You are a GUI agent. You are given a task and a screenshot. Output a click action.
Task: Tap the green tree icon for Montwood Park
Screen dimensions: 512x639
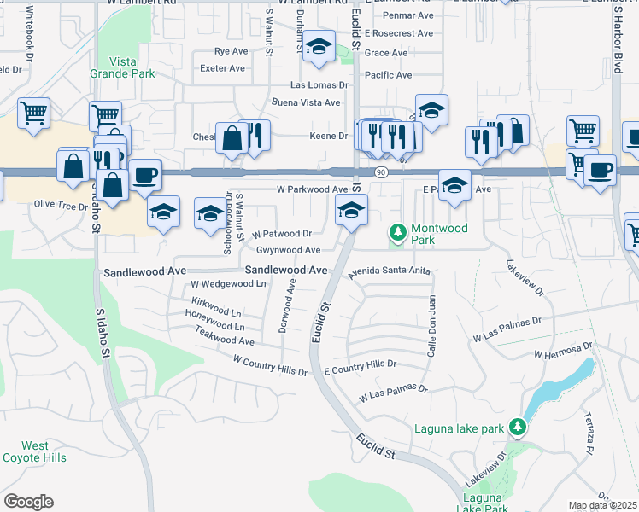click(397, 232)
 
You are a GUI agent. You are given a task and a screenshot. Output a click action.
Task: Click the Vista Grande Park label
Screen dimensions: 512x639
click(123, 67)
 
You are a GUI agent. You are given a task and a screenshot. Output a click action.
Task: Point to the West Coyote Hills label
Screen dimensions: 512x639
click(35, 451)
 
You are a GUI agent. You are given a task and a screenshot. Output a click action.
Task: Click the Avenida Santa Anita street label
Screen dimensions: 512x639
click(389, 271)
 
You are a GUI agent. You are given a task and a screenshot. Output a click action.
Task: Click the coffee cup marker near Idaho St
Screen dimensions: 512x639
click(144, 174)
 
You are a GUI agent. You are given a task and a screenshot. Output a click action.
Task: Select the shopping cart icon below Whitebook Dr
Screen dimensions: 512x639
click(33, 112)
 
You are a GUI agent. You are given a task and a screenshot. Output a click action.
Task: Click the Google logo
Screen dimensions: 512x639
click(28, 502)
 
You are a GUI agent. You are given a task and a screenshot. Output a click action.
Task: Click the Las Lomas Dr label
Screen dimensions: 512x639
click(320, 85)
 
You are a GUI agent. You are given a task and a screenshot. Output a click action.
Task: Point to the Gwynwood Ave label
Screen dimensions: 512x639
click(288, 250)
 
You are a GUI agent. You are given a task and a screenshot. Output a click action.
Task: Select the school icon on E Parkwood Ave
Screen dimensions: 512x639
click(454, 185)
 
